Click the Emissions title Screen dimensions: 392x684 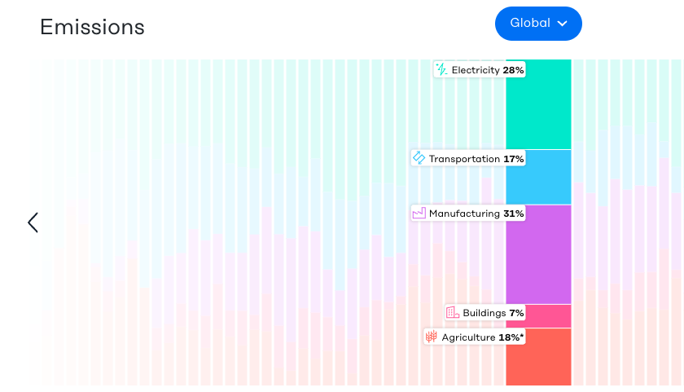[x=92, y=27]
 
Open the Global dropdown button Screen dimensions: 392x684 [x=537, y=24]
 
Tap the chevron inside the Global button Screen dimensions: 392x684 [x=562, y=24]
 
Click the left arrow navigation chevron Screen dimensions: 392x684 [x=33, y=222]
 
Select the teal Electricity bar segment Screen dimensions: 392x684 [x=538, y=104]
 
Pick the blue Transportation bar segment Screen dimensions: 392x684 [x=538, y=177]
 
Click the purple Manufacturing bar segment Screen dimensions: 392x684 [x=538, y=254]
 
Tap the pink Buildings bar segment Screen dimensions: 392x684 [x=538, y=316]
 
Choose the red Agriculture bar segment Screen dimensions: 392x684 [x=538, y=357]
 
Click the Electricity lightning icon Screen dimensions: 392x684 [x=441, y=70]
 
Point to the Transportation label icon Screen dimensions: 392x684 [x=419, y=158]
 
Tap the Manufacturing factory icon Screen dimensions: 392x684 [x=419, y=214]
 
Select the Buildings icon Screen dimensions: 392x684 [x=453, y=313]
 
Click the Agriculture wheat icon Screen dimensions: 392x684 [x=432, y=337]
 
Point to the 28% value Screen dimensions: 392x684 [x=513, y=70]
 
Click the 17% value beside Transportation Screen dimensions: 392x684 [x=514, y=159]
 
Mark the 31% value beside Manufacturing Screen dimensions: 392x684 [x=514, y=214]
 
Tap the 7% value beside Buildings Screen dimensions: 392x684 [x=516, y=313]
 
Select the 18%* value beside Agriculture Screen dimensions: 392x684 [x=511, y=337]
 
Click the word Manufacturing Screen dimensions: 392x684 [x=464, y=214]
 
